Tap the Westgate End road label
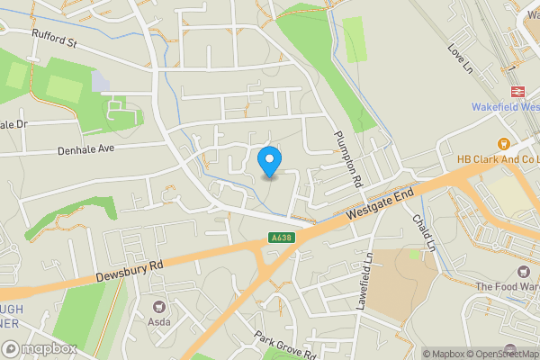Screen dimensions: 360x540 (380, 206)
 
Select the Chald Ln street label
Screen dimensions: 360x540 (424, 232)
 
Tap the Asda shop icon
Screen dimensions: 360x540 (161, 307)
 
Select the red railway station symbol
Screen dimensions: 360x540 (518, 91)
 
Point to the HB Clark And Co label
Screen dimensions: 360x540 (498, 159)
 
